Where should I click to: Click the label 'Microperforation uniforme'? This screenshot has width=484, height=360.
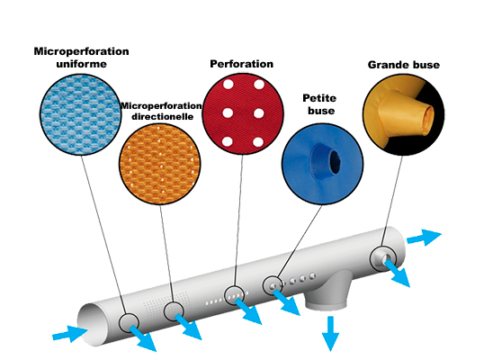pyautogui.click(x=81, y=58)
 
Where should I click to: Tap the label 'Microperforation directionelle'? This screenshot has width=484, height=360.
pyautogui.click(x=161, y=111)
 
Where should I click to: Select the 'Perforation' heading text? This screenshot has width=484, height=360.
pyautogui.click(x=241, y=64)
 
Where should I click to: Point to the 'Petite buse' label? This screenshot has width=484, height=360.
pyautogui.click(x=319, y=104)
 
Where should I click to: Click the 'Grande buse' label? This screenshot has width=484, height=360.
pyautogui.click(x=404, y=65)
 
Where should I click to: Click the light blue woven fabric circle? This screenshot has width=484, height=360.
pyautogui.click(x=81, y=114)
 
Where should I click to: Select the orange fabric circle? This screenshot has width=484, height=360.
pyautogui.click(x=160, y=165)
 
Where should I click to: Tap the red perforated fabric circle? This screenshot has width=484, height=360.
pyautogui.click(x=243, y=113)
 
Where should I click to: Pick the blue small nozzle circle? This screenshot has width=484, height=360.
pyautogui.click(x=323, y=164)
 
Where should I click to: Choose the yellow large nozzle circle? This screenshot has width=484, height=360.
pyautogui.click(x=403, y=114)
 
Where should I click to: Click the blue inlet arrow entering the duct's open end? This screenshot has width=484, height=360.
pyautogui.click(x=70, y=334)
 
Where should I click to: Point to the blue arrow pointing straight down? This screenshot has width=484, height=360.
pyautogui.click(x=330, y=333)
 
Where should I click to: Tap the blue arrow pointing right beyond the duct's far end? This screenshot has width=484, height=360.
pyautogui.click(x=425, y=237)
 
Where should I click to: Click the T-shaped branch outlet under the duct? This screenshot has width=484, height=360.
pyautogui.click(x=328, y=290)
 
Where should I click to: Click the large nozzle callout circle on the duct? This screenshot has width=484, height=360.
pyautogui.click(x=382, y=258)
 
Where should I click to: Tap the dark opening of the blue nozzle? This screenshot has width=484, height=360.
pyautogui.click(x=335, y=161)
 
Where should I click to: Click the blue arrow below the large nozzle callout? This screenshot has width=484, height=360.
pyautogui.click(x=398, y=274)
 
